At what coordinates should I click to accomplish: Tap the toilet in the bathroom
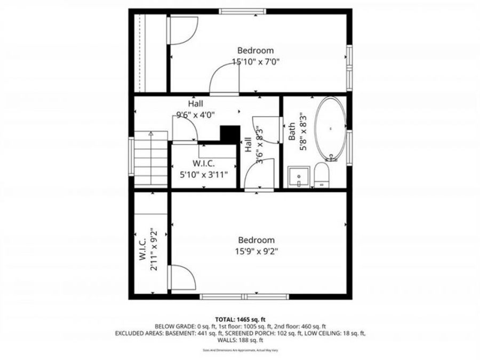pyautogui.click(x=322, y=175)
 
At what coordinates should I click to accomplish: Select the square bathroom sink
pyautogui.click(x=299, y=177)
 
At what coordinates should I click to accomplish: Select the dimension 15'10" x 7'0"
pyautogui.click(x=256, y=61)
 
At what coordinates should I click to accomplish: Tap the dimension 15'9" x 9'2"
pyautogui.click(x=256, y=251)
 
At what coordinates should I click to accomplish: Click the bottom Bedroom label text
pyautogui.click(x=256, y=240)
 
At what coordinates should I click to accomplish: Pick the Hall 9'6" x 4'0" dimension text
pyautogui.click(x=195, y=114)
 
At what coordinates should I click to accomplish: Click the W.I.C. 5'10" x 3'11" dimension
pyautogui.click(x=203, y=174)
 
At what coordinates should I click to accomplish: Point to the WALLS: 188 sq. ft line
pyautogui.click(x=240, y=340)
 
